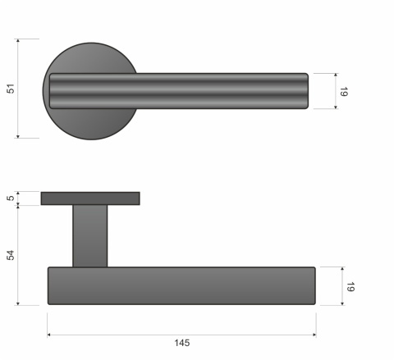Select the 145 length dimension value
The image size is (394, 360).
point(182,343)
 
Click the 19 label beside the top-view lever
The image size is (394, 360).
point(345,91)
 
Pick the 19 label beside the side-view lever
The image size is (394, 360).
point(350,286)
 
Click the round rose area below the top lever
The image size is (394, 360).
point(90,124)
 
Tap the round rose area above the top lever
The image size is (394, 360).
point(90,57)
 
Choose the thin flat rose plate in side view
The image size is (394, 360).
point(90,198)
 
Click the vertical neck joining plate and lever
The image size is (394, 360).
point(90,235)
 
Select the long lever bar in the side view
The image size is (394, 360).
point(181,286)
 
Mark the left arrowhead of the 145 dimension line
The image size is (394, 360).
point(50,335)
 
